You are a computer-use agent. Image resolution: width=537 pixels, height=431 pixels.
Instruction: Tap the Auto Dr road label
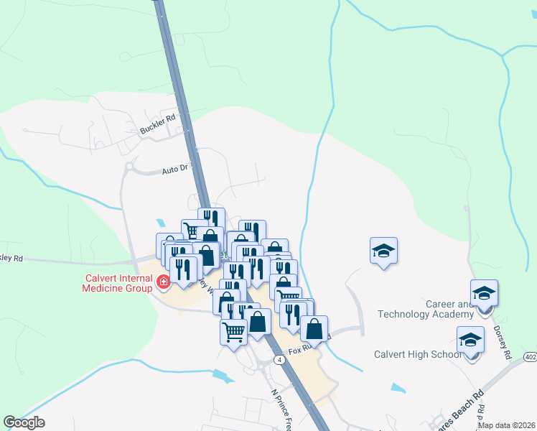175,170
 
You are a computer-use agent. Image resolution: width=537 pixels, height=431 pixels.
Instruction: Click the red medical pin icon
164,282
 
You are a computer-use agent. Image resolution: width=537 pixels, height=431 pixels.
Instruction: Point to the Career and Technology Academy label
429,310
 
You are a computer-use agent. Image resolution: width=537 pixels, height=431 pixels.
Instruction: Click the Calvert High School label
418,354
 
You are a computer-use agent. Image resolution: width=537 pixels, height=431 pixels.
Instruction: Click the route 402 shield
529,356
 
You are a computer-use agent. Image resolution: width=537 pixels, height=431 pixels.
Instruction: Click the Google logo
24,422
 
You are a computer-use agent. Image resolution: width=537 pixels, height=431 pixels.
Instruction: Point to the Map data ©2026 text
506,425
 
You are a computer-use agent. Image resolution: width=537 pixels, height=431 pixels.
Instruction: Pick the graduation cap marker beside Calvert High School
470,340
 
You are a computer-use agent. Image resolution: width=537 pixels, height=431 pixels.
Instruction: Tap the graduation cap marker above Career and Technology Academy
484,293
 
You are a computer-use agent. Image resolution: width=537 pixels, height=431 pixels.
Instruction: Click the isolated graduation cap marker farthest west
383,251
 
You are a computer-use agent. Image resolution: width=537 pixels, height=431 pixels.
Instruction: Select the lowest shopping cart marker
233,332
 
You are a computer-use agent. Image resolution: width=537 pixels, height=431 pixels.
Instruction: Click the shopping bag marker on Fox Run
314,329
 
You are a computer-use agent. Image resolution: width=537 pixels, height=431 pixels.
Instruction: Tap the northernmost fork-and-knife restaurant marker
211,220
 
